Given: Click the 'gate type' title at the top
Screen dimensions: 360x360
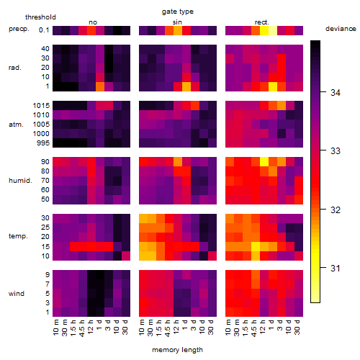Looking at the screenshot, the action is point(178,12).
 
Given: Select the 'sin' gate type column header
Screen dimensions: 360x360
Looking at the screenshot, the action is point(177,22).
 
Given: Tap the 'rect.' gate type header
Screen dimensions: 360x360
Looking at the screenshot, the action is point(262,22).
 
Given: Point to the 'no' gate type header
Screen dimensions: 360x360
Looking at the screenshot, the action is point(93,22).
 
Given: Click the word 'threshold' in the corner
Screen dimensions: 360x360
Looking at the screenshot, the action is point(40,17).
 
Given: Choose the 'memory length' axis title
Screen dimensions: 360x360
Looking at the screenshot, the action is point(177,350).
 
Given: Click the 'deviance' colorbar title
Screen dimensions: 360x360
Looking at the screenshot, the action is point(341,29).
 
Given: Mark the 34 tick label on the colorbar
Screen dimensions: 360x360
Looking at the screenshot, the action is point(336,93).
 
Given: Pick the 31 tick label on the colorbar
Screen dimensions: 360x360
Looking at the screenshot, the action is point(336,268).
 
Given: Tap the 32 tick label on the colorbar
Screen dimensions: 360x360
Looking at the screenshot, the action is point(336,210).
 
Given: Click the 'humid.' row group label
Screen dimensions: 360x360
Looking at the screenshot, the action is point(20,181).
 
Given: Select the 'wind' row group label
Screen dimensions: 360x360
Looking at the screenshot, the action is point(17,294).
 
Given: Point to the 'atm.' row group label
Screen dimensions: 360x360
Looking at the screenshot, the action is point(16,125).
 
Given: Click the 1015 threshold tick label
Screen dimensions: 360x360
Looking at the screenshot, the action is point(41,106).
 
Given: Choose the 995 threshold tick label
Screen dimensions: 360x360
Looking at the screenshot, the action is point(43,143).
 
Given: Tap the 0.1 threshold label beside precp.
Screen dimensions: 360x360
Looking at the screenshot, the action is point(44,30).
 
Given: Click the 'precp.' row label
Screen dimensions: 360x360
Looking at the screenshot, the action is point(19,29).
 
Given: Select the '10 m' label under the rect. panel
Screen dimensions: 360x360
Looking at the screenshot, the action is point(228,327).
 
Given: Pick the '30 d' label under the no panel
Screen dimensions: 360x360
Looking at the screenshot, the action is point(125,327).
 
